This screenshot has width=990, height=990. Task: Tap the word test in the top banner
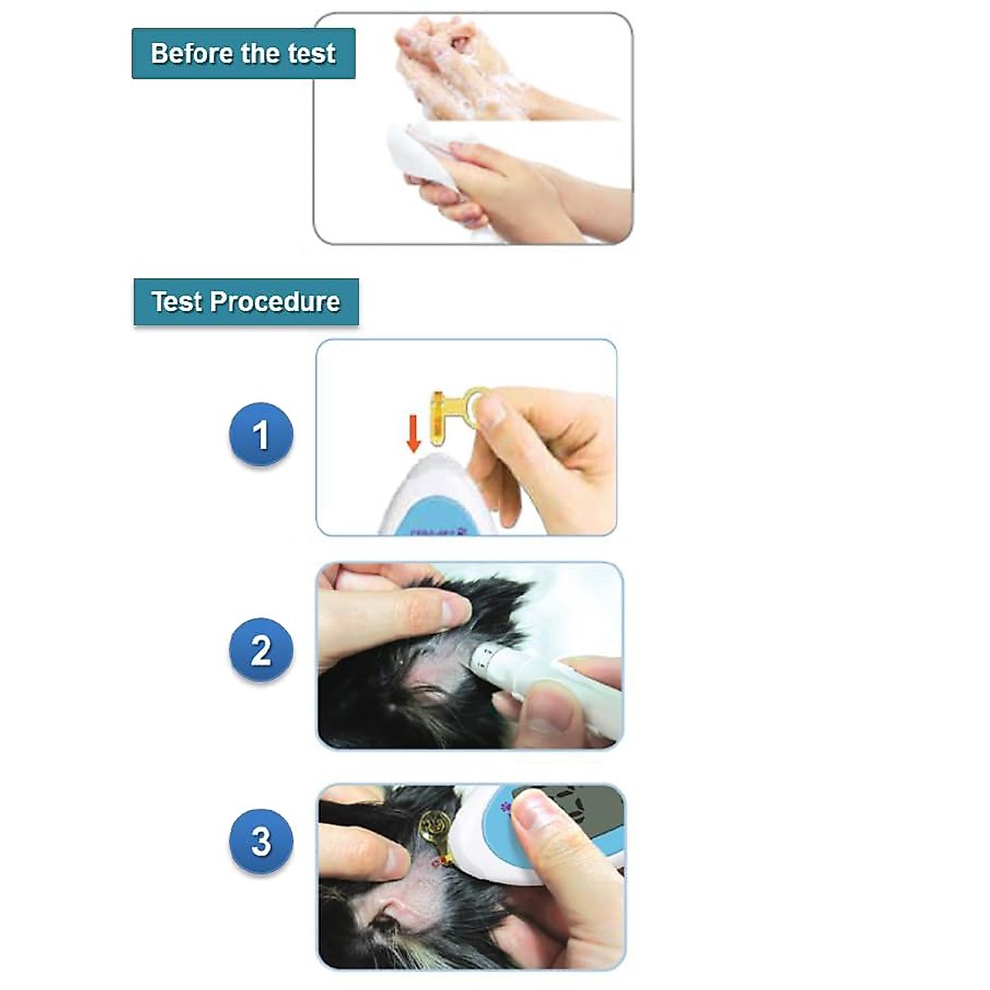[311, 54]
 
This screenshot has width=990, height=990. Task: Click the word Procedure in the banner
[275, 302]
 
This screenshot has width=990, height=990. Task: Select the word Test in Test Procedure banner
[176, 302]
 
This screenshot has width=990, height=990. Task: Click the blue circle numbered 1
[261, 435]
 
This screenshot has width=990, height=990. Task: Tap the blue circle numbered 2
[261, 651]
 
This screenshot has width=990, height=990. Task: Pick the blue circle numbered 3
[261, 841]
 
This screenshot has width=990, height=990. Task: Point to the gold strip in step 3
[436, 829]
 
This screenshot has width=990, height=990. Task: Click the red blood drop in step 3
[436, 863]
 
